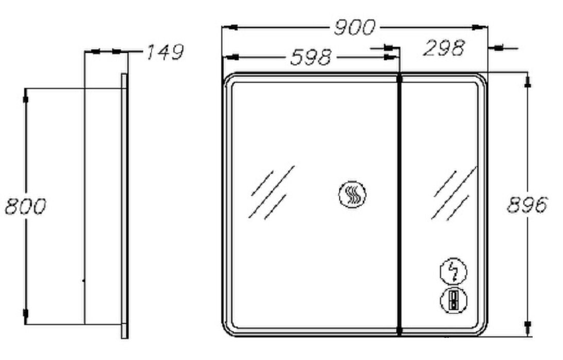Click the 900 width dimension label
coord(355,28)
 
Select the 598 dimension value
coord(311,57)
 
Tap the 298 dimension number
coord(444,48)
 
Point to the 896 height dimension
coord(527,205)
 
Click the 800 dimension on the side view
coord(26,206)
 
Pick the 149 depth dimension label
coord(165,52)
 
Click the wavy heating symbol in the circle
coord(352,194)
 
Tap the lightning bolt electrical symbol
coord(454,272)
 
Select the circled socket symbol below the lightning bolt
coord(454,300)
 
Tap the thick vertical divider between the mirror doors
coord(399,205)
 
